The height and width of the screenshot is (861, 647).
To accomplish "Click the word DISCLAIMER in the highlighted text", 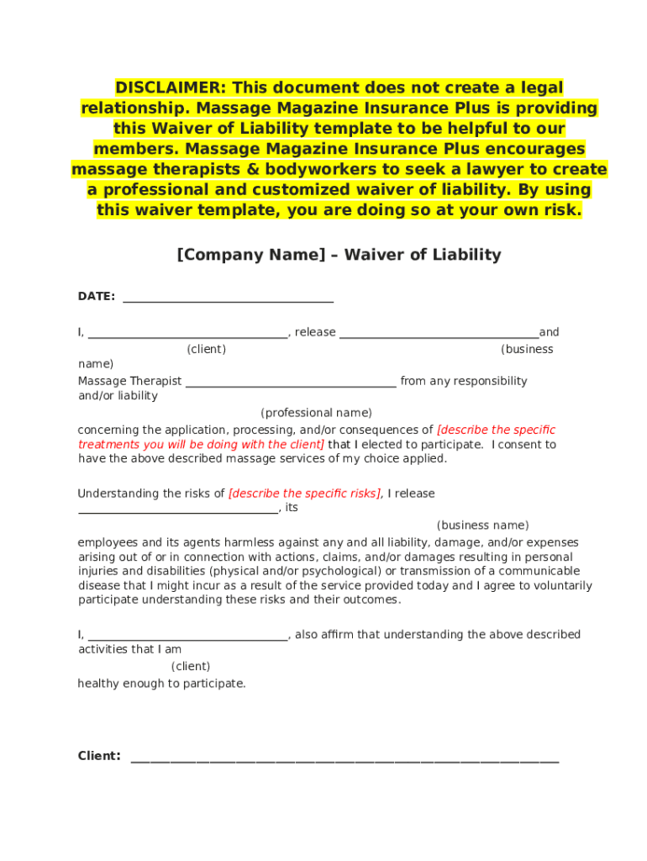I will pyautogui.click(x=171, y=88).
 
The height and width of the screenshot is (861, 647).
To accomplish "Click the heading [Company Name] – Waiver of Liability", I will pyautogui.click(x=339, y=255).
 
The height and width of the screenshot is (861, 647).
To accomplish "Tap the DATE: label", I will pyautogui.click(x=97, y=297).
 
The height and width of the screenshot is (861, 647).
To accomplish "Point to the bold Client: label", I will pyautogui.click(x=99, y=756).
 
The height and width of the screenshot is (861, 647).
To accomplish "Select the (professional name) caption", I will pyautogui.click(x=316, y=413).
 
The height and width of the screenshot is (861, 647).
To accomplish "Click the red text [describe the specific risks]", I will pyautogui.click(x=304, y=494).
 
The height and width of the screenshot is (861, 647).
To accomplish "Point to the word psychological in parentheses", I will pyautogui.click(x=334, y=571).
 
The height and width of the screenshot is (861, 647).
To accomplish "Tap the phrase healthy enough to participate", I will pyautogui.click(x=162, y=684).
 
